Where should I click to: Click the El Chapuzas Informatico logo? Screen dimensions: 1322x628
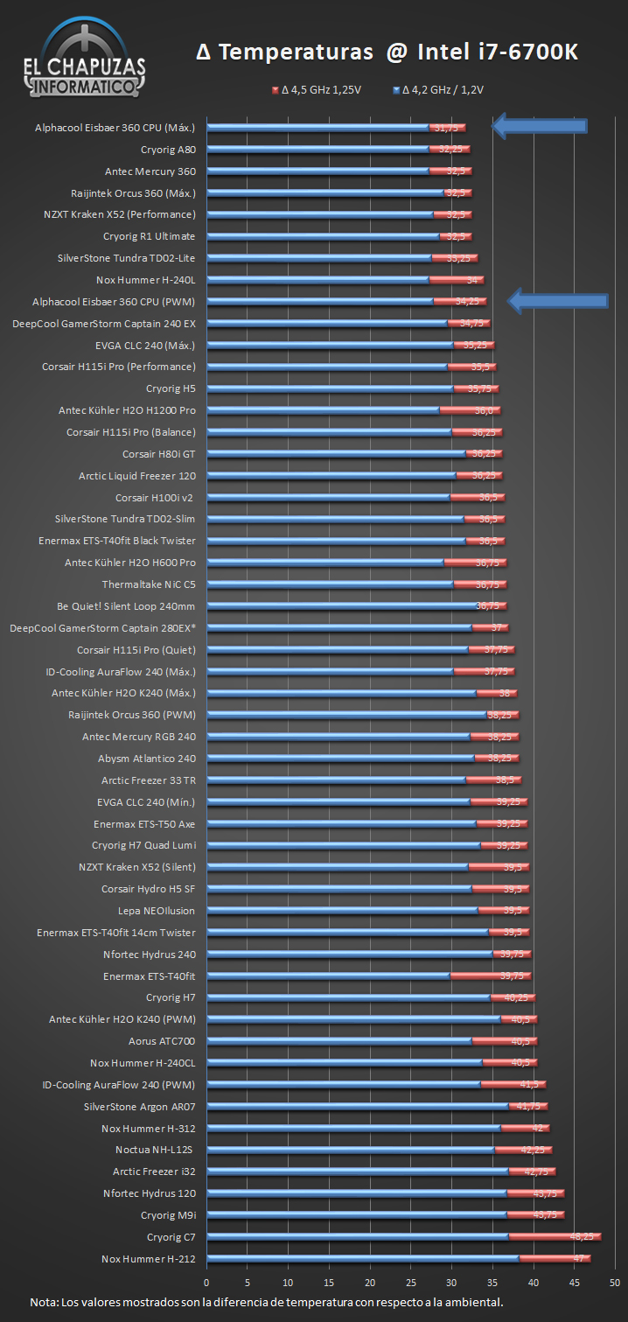(84, 59)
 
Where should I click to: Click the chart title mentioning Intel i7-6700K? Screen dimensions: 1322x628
(387, 53)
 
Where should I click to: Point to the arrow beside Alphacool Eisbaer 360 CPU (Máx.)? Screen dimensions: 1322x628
(539, 126)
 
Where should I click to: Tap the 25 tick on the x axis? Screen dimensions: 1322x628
(409, 1283)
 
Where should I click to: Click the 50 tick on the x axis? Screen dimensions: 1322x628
(615, 1283)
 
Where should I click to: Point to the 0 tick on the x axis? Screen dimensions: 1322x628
(207, 1283)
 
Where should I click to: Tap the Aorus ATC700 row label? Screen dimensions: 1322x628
(162, 1041)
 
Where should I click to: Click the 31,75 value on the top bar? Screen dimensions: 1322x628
(446, 128)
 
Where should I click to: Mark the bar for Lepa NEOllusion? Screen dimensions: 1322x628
(350, 911)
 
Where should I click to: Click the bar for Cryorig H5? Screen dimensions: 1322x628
(350, 388)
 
